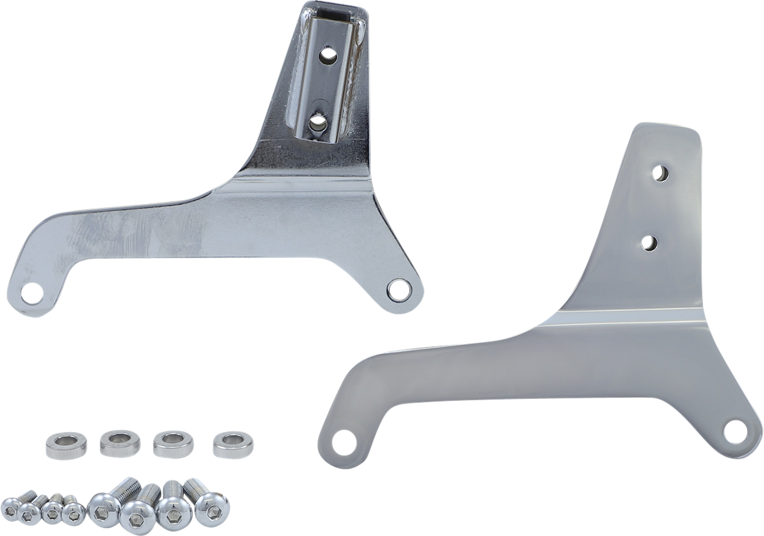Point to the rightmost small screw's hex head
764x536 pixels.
pos(73,514)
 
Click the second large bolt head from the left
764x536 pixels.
pos(136,517)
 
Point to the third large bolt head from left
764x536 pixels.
pos(173,515)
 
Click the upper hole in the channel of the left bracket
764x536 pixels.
pos(329,55)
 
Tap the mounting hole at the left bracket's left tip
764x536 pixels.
pos(31,294)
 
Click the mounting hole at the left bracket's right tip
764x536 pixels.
pos(398,289)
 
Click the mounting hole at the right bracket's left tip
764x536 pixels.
pos(340,443)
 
